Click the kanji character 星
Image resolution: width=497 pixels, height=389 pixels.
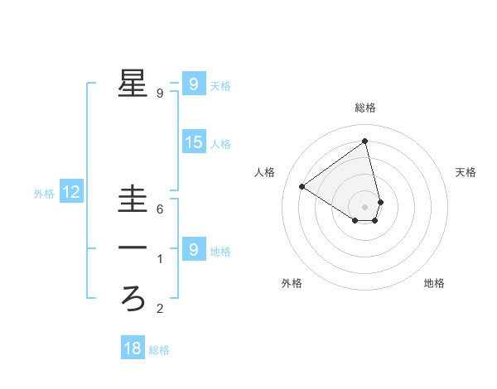pyautogui.click(x=133, y=84)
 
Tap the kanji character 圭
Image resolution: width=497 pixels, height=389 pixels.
pyautogui.click(x=133, y=199)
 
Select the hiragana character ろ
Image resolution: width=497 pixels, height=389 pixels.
pyautogui.click(x=133, y=296)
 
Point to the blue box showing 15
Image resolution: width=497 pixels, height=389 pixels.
pyautogui.click(x=193, y=142)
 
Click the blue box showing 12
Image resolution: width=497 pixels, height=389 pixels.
pyautogui.click(x=71, y=193)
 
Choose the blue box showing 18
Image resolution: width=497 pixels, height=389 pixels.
pyautogui.click(x=133, y=348)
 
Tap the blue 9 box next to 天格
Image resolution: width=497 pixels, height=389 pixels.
pyautogui.click(x=193, y=84)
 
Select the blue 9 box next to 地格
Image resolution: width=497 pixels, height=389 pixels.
pyautogui.click(x=193, y=249)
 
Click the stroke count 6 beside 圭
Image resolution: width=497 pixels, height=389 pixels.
pyautogui.click(x=160, y=209)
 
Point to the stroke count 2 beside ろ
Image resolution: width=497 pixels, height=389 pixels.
pyautogui.click(x=160, y=310)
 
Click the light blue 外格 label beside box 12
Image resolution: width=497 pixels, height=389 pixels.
pyautogui.click(x=44, y=194)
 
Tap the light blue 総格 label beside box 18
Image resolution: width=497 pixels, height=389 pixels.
pyautogui.click(x=159, y=350)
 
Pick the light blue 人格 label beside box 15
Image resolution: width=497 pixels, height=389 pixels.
pyautogui.click(x=220, y=144)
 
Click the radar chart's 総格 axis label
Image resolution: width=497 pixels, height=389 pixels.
pyautogui.click(x=365, y=108)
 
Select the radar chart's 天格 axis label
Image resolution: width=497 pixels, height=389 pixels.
pyautogui.click(x=466, y=172)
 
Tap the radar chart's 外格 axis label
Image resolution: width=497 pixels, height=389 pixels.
pyautogui.click(x=292, y=283)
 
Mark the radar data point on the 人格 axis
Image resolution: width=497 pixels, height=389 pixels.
pyautogui.click(x=302, y=186)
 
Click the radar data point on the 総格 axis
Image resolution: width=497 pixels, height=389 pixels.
pyautogui.click(x=365, y=141)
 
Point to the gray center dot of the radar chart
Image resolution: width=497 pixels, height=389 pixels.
pyautogui.click(x=365, y=206)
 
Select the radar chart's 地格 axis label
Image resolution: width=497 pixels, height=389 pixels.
pyautogui.click(x=434, y=283)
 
